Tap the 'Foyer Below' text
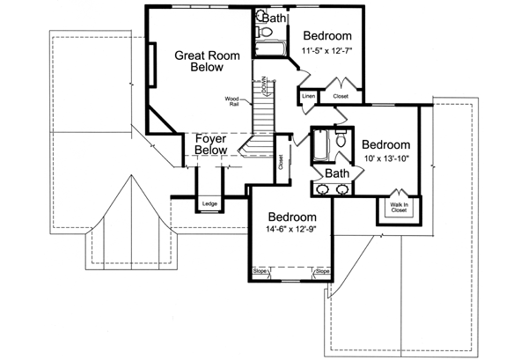(212, 144)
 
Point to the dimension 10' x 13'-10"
(385, 159)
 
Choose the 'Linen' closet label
(308, 94)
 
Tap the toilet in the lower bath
(340, 139)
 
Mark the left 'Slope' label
(260, 271)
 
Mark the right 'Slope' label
(322, 271)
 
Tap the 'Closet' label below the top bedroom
(341, 95)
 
